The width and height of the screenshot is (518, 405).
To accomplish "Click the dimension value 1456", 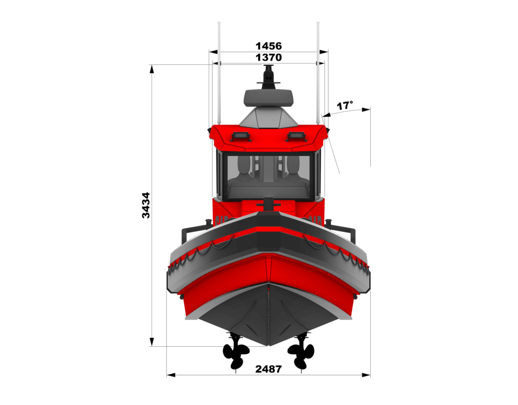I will pyautogui.click(x=269, y=46).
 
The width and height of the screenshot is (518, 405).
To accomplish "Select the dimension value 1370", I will pyautogui.click(x=269, y=58).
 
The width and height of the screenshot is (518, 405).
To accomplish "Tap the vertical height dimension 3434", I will pyautogui.click(x=146, y=205).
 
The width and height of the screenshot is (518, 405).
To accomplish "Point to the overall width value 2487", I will pyautogui.click(x=268, y=369).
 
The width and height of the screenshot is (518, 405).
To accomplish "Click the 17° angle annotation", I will pyautogui.click(x=345, y=106).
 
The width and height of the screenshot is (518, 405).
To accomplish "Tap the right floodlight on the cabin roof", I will pyautogui.click(x=295, y=136).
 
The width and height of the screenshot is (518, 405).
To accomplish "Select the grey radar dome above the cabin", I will pyautogui.click(x=269, y=98).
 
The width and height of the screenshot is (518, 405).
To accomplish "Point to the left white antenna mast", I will pyautogui.click(x=219, y=71).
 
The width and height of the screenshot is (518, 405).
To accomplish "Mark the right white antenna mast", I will pyautogui.click(x=318, y=71).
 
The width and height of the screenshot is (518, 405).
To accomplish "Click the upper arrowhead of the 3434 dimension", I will pyautogui.click(x=152, y=68).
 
